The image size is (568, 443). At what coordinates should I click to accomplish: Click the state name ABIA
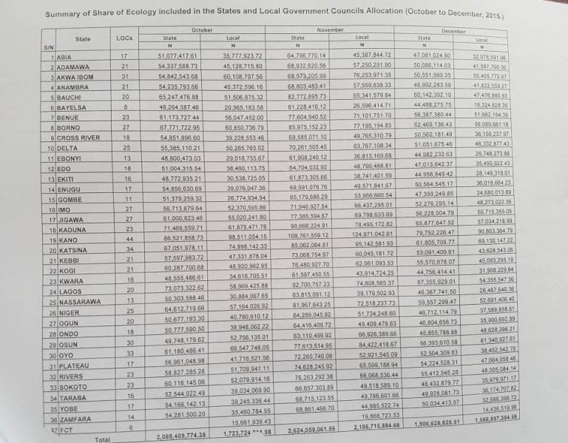(64, 56)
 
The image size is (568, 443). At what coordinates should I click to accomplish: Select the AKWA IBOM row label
(72, 75)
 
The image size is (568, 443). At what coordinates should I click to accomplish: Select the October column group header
(202, 28)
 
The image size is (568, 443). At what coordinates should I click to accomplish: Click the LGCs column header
(124, 38)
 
